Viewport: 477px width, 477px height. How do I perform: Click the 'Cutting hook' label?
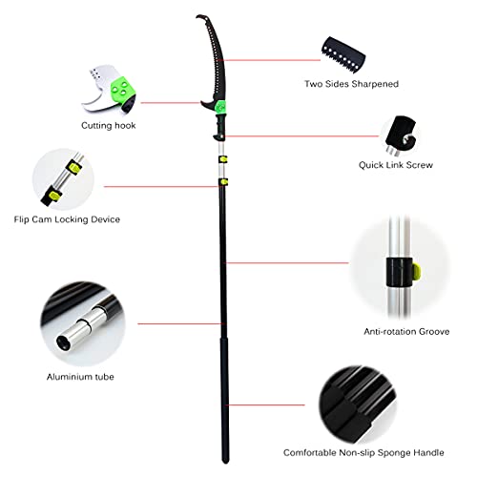point(109,126)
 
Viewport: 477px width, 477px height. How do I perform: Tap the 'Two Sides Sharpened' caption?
point(351,84)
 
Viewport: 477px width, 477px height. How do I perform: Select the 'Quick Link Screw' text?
point(396,165)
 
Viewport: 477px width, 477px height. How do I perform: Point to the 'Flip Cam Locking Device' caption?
point(67,219)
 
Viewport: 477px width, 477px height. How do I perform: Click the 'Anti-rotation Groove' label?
point(406,332)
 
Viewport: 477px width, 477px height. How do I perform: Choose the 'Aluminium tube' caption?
point(80,377)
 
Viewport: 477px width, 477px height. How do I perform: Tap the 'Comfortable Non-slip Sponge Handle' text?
point(363,452)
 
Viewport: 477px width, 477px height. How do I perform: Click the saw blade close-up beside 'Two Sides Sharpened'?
point(343,54)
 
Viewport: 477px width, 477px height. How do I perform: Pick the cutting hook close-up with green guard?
point(109,89)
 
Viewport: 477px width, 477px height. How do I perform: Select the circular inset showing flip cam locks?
point(63,179)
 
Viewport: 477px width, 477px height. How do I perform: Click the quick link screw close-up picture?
point(401,135)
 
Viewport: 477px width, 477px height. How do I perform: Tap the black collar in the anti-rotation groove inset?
point(400,272)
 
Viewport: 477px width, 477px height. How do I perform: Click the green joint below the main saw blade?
point(220,107)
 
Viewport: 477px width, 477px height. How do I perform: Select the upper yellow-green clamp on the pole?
point(222,159)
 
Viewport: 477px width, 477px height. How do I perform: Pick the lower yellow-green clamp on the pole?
point(223,182)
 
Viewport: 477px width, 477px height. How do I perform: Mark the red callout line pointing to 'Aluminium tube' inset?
point(179,323)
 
